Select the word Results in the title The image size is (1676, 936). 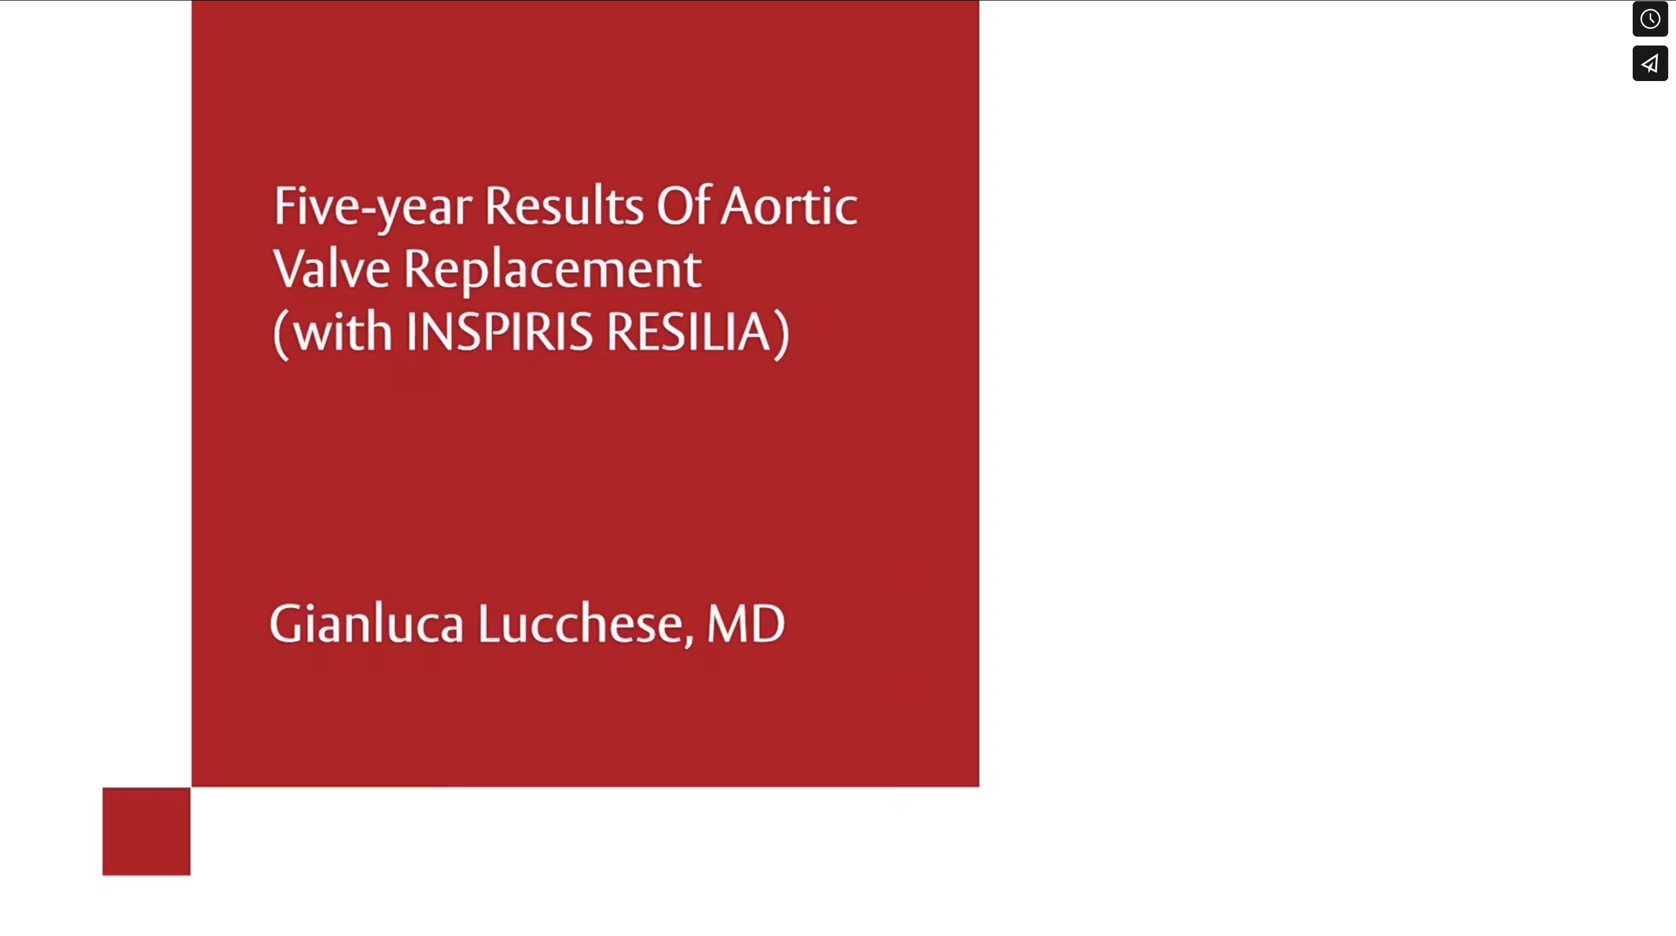(x=564, y=205)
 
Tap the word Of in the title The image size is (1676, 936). (x=683, y=205)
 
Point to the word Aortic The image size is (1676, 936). (x=789, y=205)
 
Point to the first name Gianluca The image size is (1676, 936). (x=367, y=623)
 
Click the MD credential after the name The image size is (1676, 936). (x=746, y=623)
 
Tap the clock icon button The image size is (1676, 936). (x=1650, y=19)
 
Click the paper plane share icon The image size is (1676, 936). (x=1650, y=63)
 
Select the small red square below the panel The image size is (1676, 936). (x=147, y=831)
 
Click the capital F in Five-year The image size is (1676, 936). (x=285, y=205)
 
